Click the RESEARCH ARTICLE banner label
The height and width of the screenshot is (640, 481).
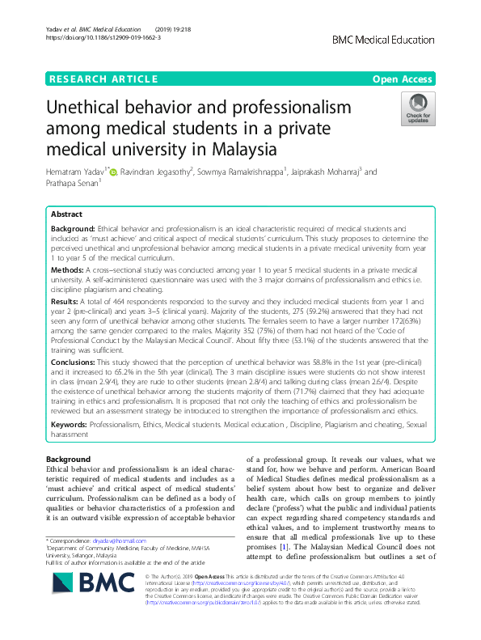[103, 78]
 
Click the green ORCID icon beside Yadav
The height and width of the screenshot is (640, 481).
[113, 172]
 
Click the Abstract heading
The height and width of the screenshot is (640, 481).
[66, 215]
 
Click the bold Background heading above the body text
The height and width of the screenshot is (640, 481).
[69, 460]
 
